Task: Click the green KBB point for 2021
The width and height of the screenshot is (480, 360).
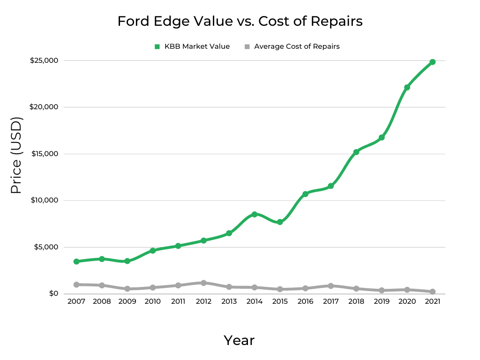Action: point(432,62)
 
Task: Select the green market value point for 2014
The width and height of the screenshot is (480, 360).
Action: point(255,214)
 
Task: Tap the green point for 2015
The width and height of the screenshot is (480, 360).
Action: point(280,222)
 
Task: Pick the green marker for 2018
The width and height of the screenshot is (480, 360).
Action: point(356,152)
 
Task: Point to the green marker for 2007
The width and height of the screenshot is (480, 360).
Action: point(76,261)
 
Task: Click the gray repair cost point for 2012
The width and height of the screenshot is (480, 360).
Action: point(203,283)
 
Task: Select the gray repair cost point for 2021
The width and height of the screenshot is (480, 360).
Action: point(432,292)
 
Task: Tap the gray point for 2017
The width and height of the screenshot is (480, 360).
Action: point(330,285)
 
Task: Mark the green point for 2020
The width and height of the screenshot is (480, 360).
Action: point(407,87)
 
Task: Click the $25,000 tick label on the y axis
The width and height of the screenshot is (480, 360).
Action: point(44,60)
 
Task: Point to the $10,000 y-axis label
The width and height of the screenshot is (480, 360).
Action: point(44,201)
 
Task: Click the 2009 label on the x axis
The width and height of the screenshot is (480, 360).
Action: point(127,301)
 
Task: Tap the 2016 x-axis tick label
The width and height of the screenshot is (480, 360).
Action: point(305,301)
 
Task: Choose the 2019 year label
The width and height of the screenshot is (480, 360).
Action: point(382,301)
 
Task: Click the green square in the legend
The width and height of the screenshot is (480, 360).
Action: point(157,46)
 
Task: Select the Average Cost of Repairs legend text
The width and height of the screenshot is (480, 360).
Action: point(297,46)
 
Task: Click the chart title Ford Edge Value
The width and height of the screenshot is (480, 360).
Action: point(240,22)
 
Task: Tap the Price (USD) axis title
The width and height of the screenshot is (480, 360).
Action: point(16,156)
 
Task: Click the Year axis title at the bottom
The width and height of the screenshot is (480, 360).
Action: point(239,340)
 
